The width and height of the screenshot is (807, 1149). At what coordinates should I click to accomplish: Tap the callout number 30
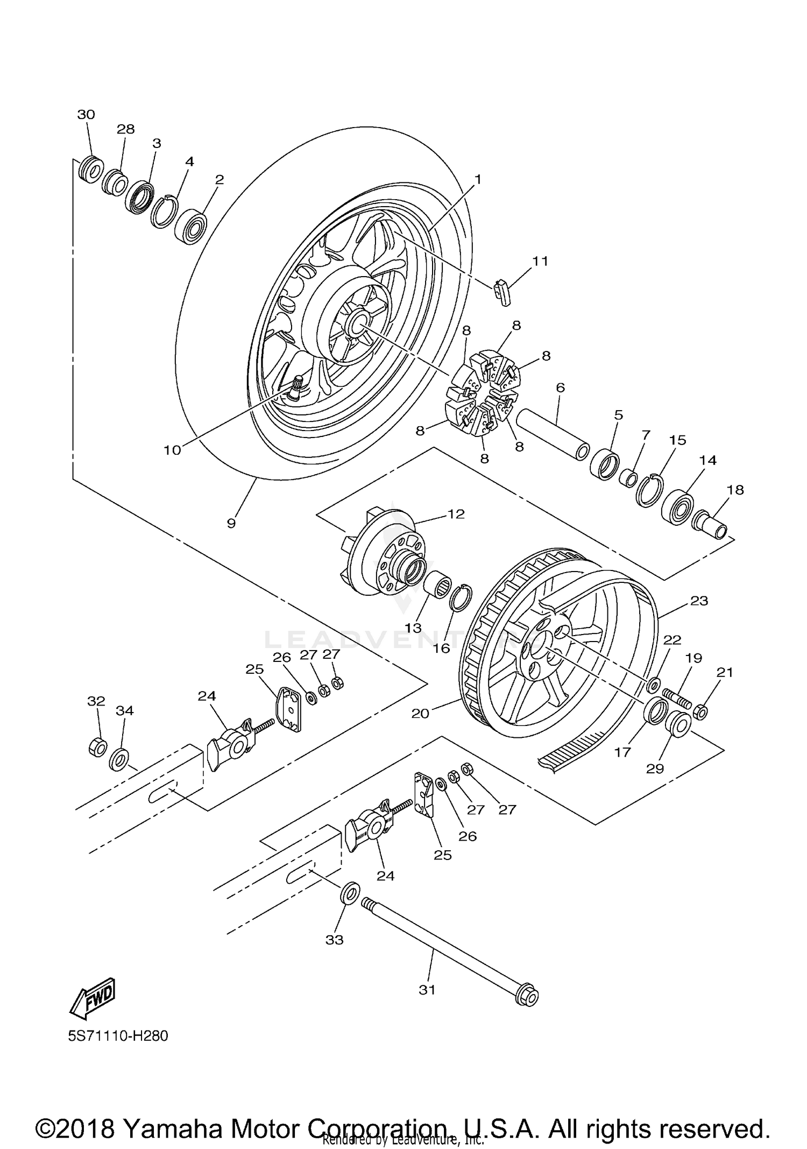(86, 115)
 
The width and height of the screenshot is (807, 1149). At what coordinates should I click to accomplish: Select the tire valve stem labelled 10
(295, 389)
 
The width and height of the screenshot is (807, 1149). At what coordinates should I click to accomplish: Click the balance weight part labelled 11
(502, 292)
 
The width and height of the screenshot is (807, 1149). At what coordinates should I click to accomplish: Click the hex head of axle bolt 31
(526, 998)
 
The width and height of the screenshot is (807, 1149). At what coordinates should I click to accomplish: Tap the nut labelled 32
(97, 747)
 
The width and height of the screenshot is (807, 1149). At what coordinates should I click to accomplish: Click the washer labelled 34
(119, 759)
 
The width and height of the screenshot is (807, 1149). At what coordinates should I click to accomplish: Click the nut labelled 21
(700, 712)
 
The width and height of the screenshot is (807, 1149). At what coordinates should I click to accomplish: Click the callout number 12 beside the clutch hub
(456, 514)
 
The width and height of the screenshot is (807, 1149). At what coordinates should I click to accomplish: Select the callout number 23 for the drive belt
(699, 601)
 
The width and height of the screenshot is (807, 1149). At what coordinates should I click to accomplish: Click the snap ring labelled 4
(165, 210)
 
